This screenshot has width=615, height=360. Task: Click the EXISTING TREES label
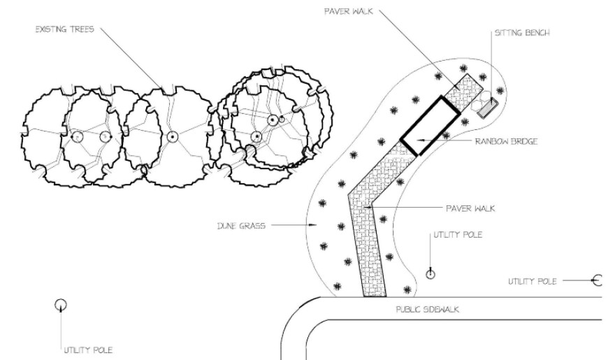[x=65, y=29]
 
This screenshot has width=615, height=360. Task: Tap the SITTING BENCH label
[x=522, y=33]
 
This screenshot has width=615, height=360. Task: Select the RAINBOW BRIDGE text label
[x=506, y=141]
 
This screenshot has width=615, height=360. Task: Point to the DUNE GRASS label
[x=241, y=226]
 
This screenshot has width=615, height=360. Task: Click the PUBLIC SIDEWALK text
[x=427, y=310]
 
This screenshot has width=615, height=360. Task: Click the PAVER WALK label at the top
[x=349, y=11]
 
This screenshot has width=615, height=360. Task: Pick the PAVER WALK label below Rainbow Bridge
[x=470, y=208]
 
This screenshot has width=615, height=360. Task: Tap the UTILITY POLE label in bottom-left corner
[x=89, y=350]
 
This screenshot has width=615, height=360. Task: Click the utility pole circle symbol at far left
[x=60, y=304]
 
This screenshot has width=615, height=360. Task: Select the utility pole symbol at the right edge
[x=597, y=280]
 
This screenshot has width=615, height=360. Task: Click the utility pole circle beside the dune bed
[x=430, y=274]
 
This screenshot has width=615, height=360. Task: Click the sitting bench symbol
[x=488, y=108]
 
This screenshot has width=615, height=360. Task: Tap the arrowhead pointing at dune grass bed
[x=312, y=225]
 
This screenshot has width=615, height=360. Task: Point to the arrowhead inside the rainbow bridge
[x=419, y=140]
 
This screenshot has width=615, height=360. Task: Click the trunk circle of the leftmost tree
[x=78, y=137]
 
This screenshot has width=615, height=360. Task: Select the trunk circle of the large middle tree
[x=172, y=136]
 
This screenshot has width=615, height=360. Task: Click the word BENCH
[x=537, y=33]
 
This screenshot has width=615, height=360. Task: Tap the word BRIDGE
[x=523, y=141]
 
